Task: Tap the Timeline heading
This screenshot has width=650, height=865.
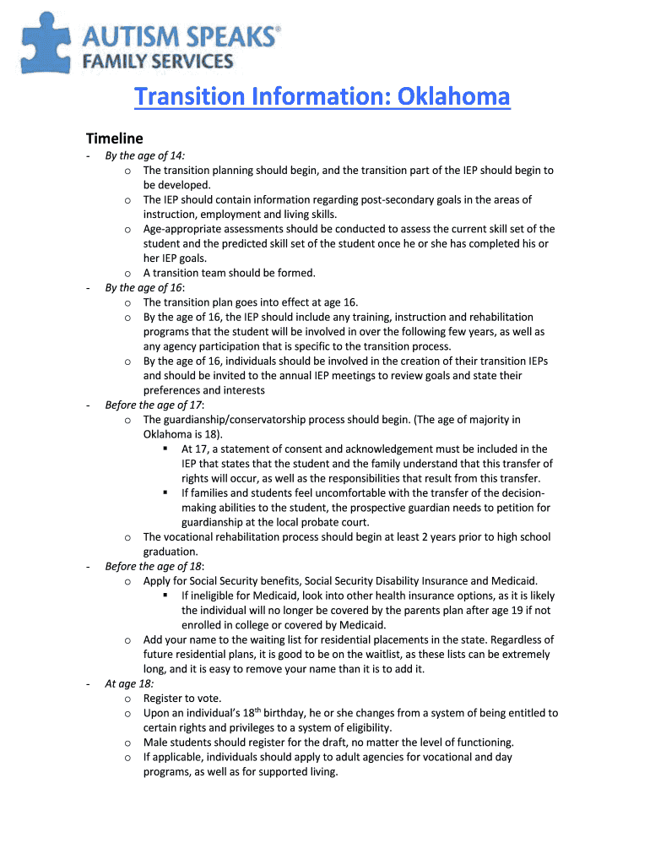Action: click(x=115, y=138)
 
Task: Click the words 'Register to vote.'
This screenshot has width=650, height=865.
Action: click(x=182, y=699)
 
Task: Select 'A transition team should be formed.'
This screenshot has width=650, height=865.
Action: click(x=229, y=272)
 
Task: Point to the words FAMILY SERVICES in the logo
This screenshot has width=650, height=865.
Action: click(x=156, y=61)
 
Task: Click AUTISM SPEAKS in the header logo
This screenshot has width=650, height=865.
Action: click(x=177, y=36)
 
